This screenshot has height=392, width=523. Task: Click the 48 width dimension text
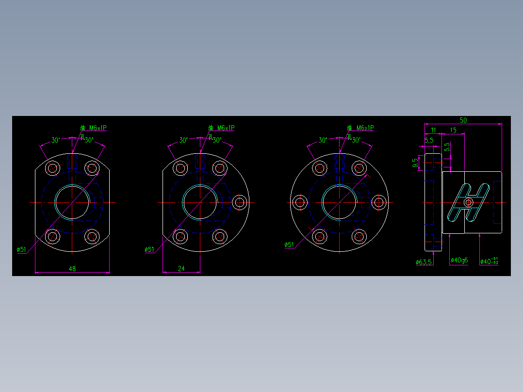pos(72,268)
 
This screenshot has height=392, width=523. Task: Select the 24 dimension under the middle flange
pos(181,268)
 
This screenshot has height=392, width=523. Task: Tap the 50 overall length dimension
pos(463,120)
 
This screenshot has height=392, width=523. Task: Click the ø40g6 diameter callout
pos(459,261)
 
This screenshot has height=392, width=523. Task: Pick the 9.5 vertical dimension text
pos(415,163)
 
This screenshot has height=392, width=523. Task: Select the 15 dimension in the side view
pos(453,130)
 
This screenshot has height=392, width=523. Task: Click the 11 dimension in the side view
pos(433,130)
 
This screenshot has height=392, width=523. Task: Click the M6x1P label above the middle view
pos(226,128)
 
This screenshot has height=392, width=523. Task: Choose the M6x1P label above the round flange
pos(365,128)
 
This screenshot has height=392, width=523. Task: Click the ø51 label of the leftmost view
pos(21,250)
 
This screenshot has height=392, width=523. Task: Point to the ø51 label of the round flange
pos(289,245)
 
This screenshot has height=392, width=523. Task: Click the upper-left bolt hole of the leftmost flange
pos(52,168)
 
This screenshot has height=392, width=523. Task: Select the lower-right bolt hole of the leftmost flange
pos(91,237)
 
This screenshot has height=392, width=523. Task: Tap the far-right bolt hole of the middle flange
pos(239,202)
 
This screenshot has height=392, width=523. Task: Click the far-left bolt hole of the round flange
pos(300,202)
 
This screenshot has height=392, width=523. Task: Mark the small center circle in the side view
pos(469,202)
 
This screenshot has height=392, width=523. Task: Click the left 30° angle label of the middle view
pos(183,140)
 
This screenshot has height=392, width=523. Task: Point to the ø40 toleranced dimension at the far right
pos(489,261)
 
